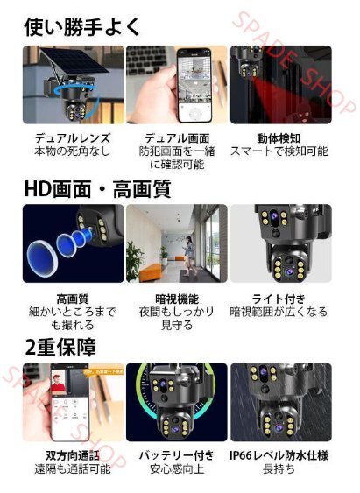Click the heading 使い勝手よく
(81, 27)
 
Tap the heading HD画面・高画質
(98, 189)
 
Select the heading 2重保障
(60, 347)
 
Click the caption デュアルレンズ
(73, 138)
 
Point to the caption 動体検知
(279, 138)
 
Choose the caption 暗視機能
(177, 299)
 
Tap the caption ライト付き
(279, 299)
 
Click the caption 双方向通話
(73, 455)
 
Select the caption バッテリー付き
(177, 455)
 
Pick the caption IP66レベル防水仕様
(279, 455)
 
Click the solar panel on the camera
(75, 61)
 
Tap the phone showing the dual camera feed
(194, 85)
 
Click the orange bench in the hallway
(150, 272)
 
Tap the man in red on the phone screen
(58, 384)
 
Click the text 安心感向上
(177, 469)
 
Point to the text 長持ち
(279, 469)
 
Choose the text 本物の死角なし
(73, 151)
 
